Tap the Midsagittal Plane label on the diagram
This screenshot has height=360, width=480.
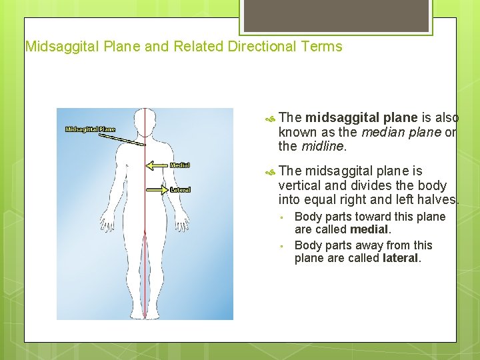(90, 129)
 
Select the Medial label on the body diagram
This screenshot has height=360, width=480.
(180, 165)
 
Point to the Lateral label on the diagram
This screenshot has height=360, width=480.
(180, 189)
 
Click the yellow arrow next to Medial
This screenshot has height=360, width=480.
(157, 165)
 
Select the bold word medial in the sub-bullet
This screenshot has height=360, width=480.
(369, 229)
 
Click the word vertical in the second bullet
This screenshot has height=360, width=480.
(299, 186)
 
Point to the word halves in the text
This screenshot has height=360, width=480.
(439, 200)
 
